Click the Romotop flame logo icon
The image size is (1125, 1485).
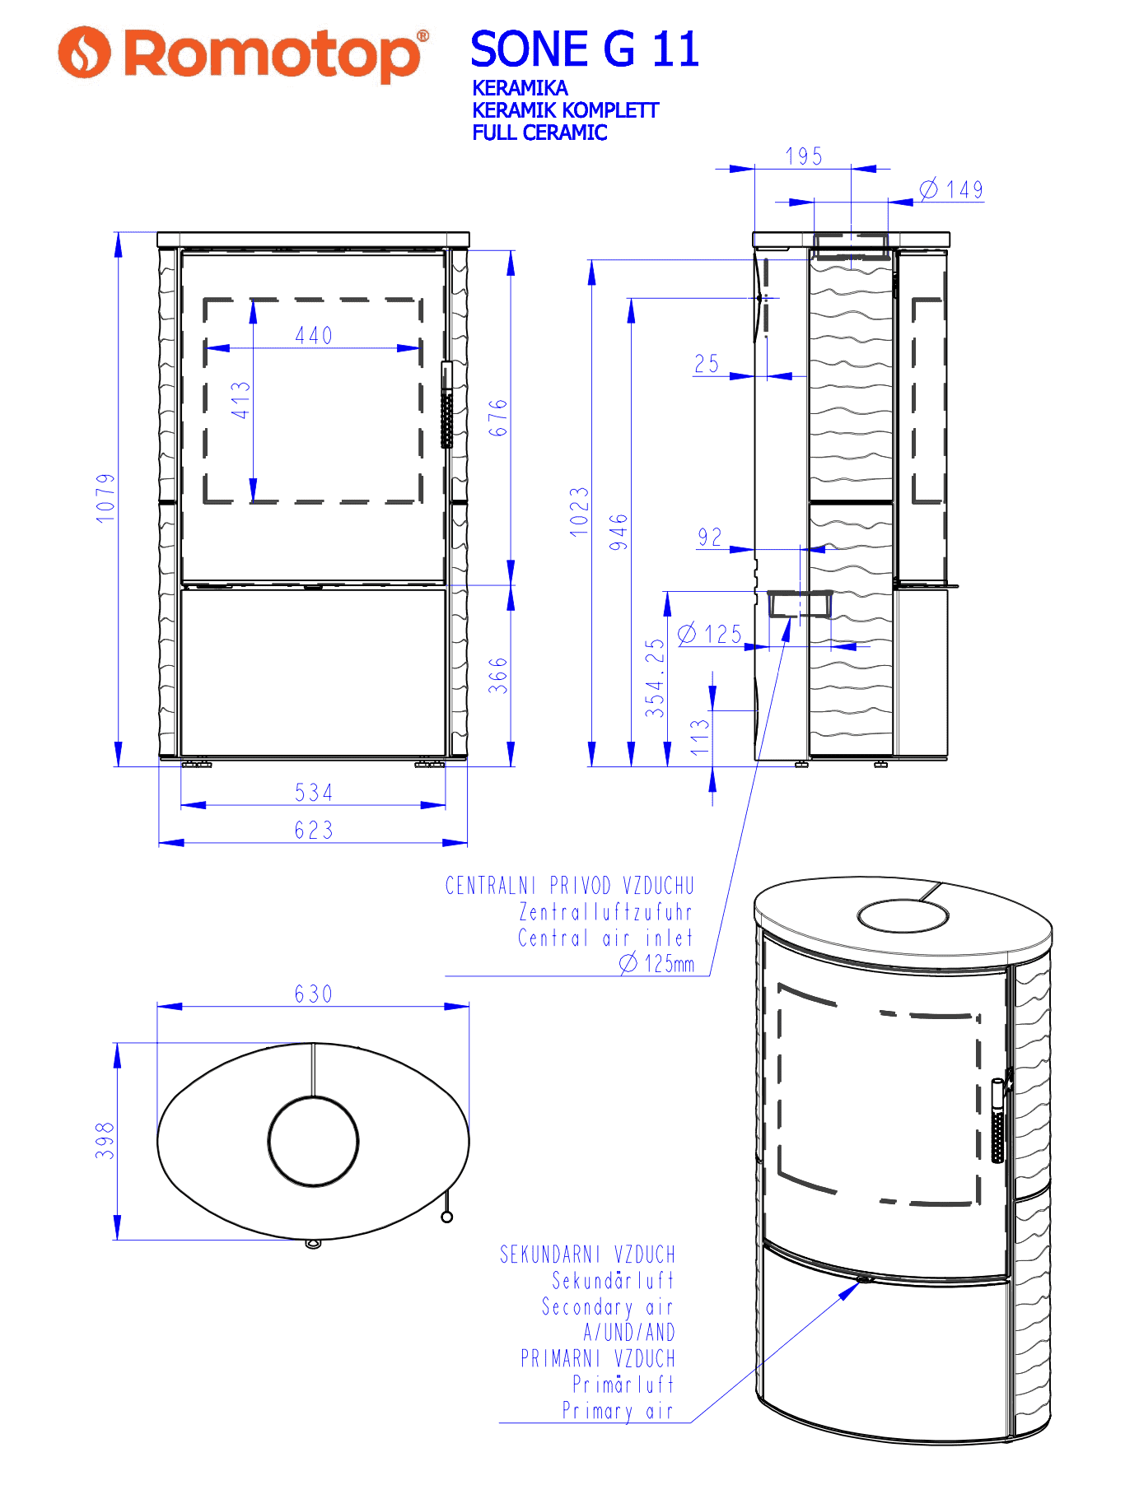84,53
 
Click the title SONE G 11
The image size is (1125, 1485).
585,49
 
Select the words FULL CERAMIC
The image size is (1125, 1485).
539,133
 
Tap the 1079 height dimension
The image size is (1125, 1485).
105,497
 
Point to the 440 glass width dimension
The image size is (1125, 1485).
314,336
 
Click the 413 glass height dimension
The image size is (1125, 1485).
240,400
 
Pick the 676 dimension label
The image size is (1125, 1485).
498,417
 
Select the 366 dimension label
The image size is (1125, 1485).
498,675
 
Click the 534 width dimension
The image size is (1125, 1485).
314,793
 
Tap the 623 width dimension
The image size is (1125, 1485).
314,830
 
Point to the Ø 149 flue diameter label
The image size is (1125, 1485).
951,189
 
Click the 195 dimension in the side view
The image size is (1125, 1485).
804,156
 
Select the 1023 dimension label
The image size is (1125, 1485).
580,512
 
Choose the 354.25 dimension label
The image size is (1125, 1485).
655,677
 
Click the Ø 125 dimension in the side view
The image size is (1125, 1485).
710,634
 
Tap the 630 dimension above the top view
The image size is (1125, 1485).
314,994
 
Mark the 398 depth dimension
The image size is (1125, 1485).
105,1141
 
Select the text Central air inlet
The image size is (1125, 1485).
605,938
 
